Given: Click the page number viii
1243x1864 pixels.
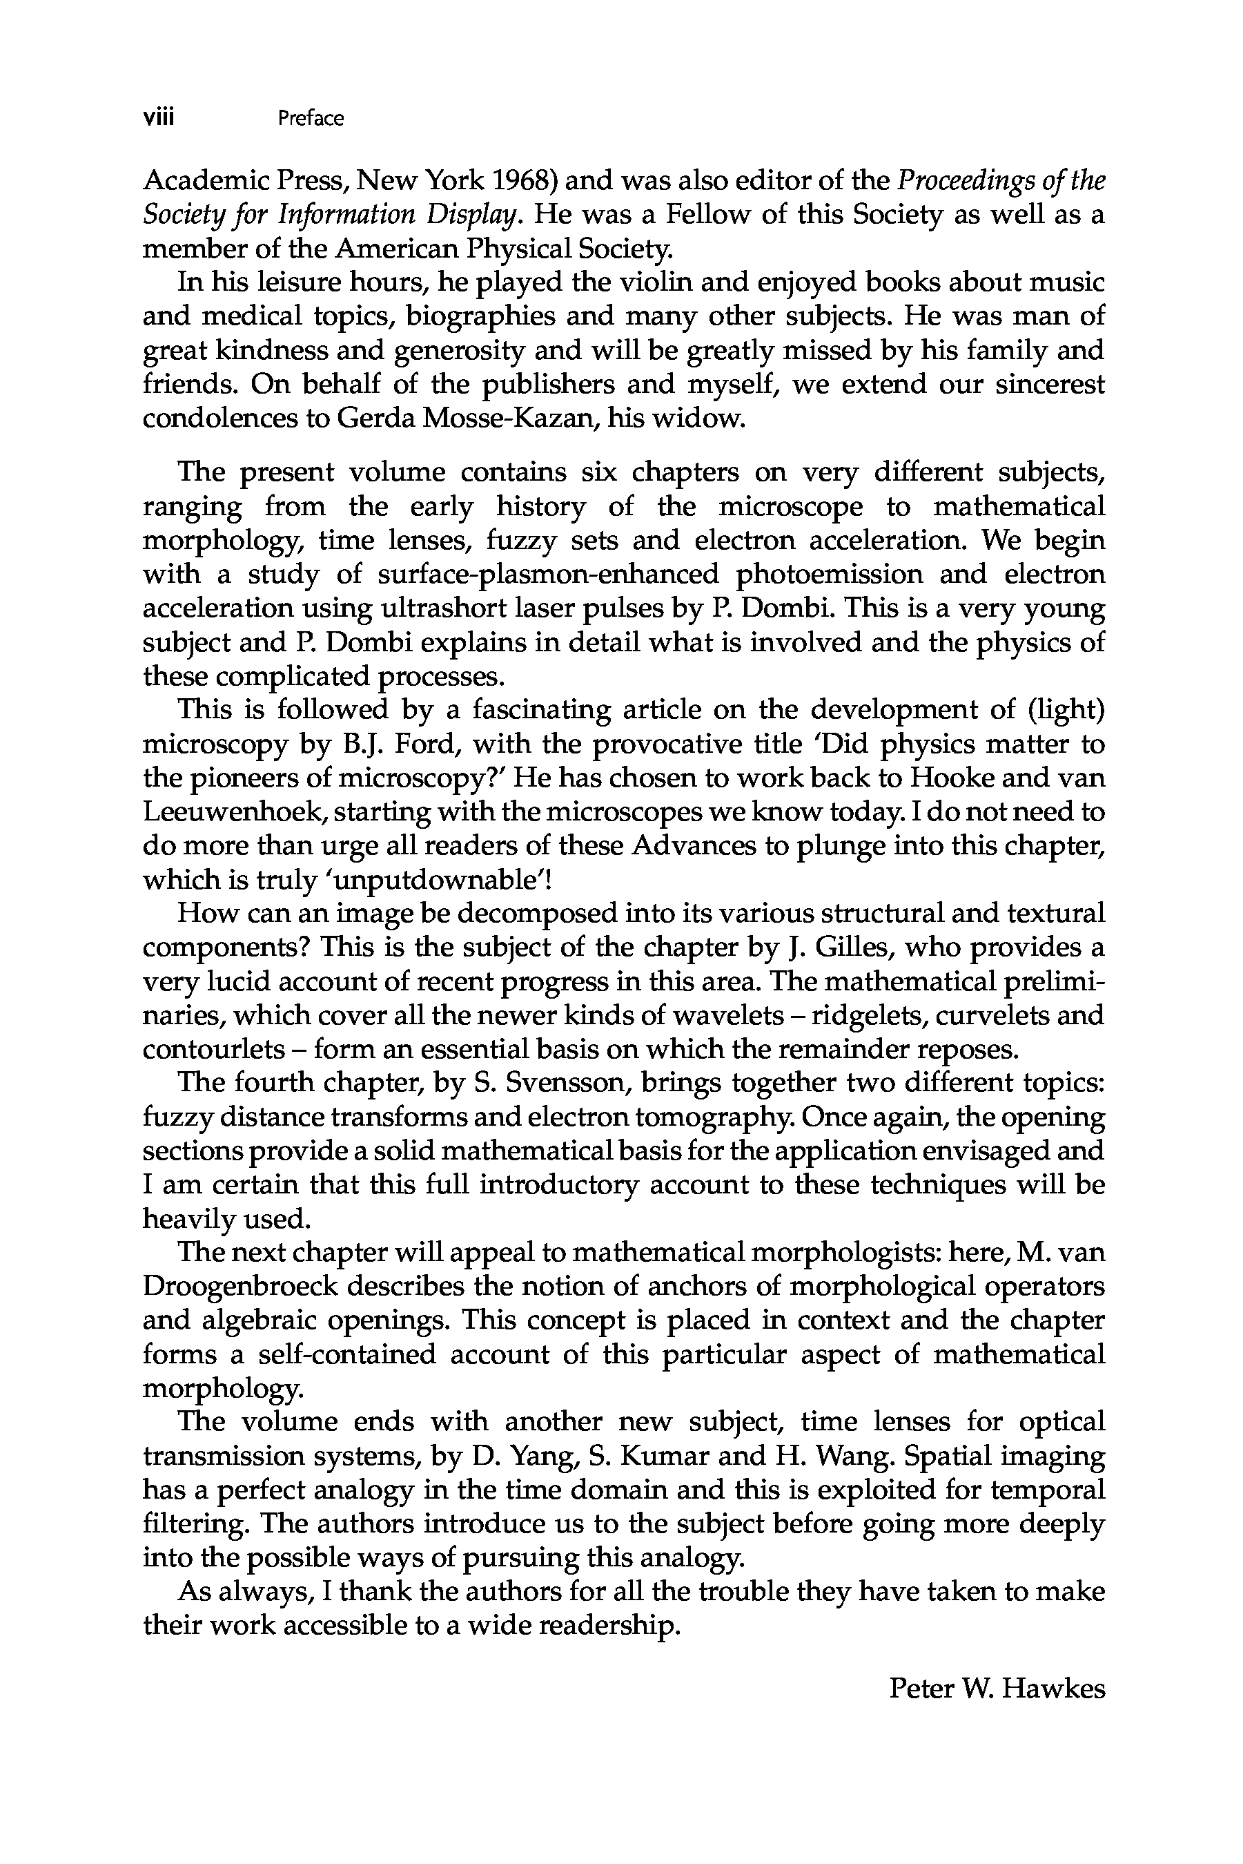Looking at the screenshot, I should tap(159, 117).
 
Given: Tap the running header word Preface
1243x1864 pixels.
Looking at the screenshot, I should tap(311, 119).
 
